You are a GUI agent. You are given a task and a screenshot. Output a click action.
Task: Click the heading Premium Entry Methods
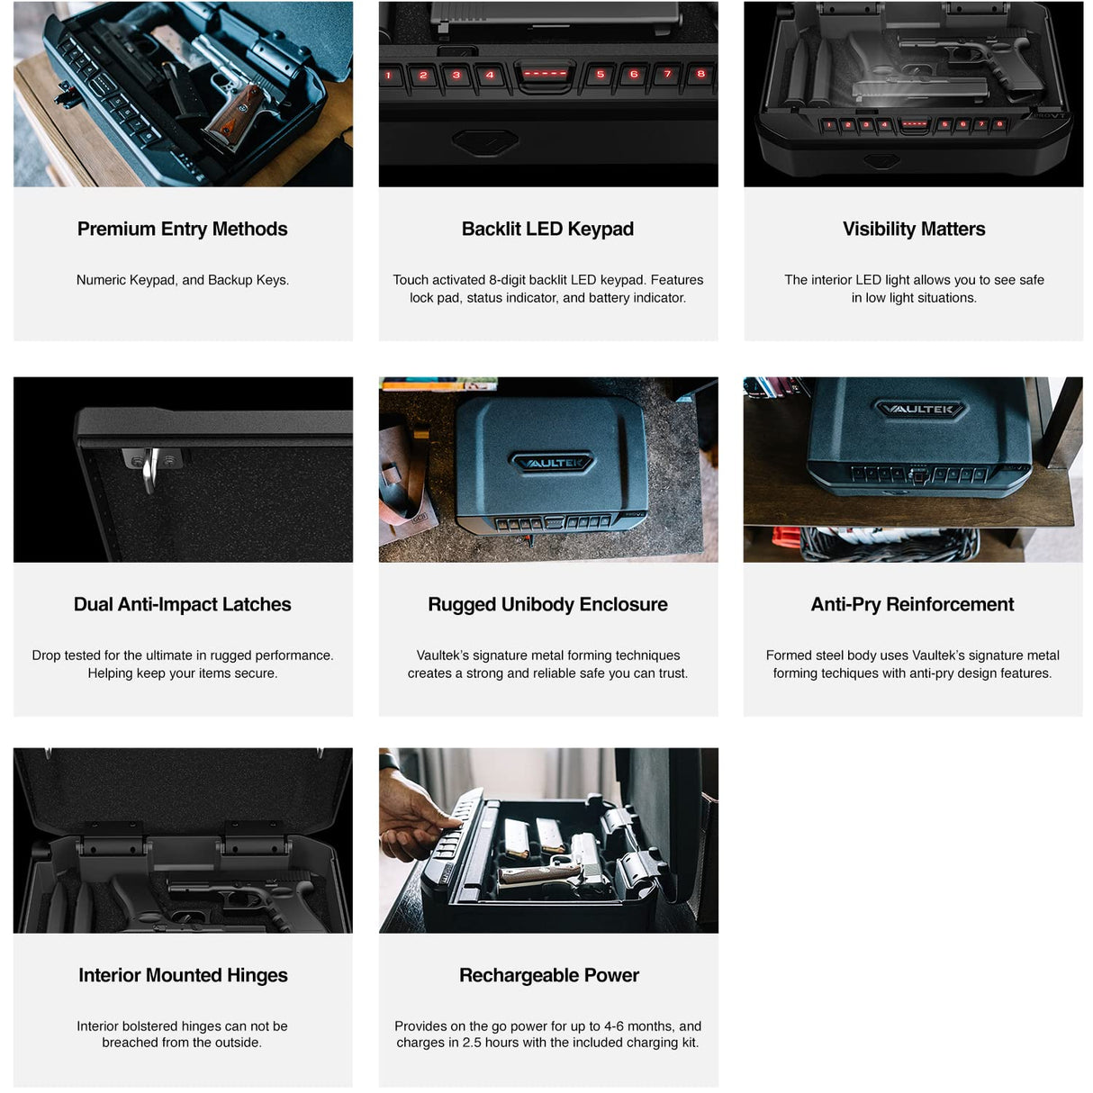pyautogui.click(x=182, y=229)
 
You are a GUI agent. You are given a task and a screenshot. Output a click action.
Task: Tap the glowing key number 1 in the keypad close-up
pyautogui.click(x=389, y=76)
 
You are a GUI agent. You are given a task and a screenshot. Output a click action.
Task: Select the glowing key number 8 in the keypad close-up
pyautogui.click(x=700, y=75)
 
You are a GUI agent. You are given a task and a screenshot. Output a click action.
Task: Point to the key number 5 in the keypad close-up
pyautogui.click(x=601, y=75)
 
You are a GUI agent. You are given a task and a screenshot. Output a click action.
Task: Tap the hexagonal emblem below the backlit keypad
pyautogui.click(x=484, y=141)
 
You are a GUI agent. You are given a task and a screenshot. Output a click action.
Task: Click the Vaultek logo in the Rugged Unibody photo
pyautogui.click(x=553, y=463)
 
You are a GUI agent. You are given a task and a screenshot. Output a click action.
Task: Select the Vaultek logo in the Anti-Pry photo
pyautogui.click(x=919, y=410)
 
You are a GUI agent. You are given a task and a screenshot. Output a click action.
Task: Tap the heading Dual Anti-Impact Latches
pyautogui.click(x=182, y=604)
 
